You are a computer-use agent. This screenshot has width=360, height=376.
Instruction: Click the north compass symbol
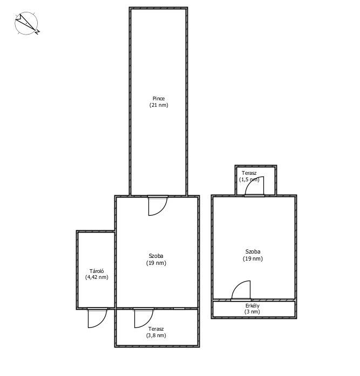click(x=26, y=23)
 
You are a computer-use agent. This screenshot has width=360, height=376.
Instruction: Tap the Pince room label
click(x=159, y=98)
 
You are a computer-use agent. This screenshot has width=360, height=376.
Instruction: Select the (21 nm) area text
click(x=159, y=105)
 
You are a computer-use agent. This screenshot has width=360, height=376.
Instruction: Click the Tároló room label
click(x=97, y=271)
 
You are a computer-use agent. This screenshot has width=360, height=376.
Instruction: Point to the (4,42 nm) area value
click(x=97, y=277)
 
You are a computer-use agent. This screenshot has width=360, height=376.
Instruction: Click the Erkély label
click(x=252, y=306)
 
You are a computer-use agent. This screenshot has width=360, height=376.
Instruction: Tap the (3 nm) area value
click(x=252, y=312)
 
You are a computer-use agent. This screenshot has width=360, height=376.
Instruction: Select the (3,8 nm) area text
click(x=156, y=335)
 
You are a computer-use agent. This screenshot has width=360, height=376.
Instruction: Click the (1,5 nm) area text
click(x=249, y=179)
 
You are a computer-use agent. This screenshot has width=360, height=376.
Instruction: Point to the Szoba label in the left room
click(x=156, y=256)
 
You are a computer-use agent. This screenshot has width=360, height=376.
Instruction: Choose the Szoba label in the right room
click(x=253, y=251)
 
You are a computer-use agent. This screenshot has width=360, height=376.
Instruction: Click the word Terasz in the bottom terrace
click(x=156, y=329)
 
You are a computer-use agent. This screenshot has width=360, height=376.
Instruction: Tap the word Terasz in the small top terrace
click(x=249, y=173)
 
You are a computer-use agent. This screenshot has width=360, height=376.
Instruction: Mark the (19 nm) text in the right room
click(x=253, y=258)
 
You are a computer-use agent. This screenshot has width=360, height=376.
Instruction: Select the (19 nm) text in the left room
click(x=156, y=263)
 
